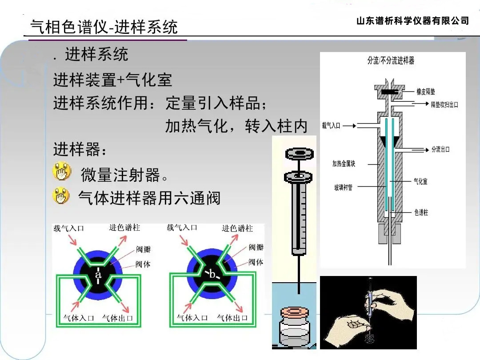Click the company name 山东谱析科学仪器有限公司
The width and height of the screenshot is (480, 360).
(412, 21)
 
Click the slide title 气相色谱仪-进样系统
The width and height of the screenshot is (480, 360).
(104, 27)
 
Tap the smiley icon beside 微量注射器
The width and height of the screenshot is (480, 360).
(62, 172)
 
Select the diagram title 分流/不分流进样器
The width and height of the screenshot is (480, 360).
(391, 61)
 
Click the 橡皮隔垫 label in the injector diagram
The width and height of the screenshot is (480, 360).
(425, 92)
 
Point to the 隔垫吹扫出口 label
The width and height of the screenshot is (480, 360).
(444, 105)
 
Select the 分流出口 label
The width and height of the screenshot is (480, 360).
(440, 149)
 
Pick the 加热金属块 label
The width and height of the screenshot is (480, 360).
(344, 164)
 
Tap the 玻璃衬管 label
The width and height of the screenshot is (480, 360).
(343, 188)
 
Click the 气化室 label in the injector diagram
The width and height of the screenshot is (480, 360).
(420, 182)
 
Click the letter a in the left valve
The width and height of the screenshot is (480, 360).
(99, 275)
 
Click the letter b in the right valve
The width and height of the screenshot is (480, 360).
(212, 275)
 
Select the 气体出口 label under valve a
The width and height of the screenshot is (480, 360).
(117, 318)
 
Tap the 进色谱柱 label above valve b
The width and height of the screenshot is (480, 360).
(237, 228)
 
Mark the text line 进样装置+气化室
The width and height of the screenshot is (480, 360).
(112, 80)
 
